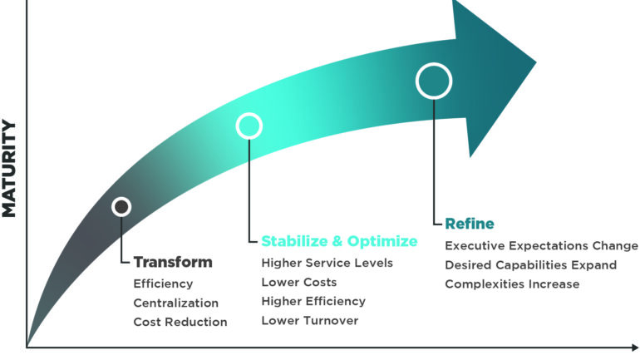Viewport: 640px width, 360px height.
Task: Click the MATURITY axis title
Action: click(9, 169)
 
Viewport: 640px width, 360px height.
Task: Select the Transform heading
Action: click(173, 262)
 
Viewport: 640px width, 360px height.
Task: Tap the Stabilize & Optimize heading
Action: click(339, 241)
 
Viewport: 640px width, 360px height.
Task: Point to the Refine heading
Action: click(470, 224)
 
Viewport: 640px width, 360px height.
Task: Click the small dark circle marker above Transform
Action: click(121, 206)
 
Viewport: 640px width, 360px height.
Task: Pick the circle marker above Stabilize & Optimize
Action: click(249, 126)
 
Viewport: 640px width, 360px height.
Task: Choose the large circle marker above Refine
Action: click(434, 81)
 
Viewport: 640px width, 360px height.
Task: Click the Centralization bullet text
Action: click(176, 303)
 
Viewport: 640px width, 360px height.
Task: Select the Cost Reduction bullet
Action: click(180, 322)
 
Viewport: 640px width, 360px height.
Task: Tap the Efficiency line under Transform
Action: click(163, 284)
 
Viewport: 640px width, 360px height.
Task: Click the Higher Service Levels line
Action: click(327, 263)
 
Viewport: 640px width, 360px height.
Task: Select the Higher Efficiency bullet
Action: click(313, 301)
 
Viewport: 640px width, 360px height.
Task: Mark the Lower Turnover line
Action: click(308, 320)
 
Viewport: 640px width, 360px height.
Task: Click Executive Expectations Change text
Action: click(541, 246)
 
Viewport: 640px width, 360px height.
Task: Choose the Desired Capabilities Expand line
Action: click(530, 265)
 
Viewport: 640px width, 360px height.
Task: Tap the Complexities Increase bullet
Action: click(512, 284)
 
